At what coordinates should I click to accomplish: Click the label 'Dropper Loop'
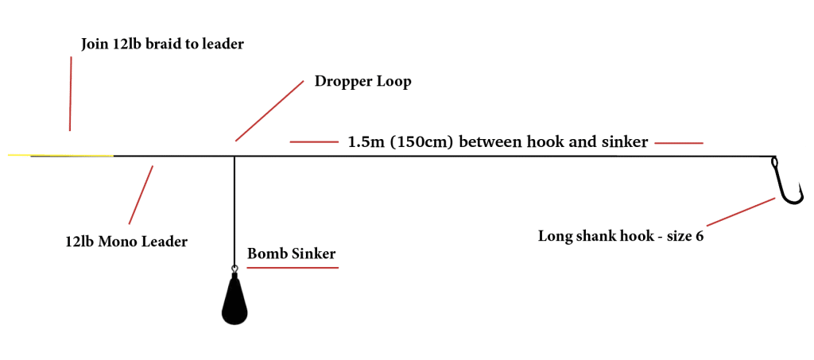(362, 82)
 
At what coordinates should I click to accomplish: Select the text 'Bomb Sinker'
(291, 254)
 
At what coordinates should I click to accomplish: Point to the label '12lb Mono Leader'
(126, 242)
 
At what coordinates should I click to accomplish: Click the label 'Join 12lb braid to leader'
(162, 44)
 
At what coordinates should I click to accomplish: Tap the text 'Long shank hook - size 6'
(621, 237)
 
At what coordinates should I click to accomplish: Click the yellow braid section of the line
(60, 155)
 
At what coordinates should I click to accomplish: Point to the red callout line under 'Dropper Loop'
(269, 110)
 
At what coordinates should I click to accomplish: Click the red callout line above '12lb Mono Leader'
(141, 194)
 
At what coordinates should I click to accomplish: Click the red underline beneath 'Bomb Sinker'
(293, 268)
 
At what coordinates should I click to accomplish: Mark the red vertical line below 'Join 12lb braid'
(71, 94)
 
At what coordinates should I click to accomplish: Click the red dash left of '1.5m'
(314, 141)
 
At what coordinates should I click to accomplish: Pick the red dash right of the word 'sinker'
(679, 143)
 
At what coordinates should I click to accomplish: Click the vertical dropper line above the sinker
(235, 211)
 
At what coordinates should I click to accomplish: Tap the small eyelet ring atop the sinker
(235, 269)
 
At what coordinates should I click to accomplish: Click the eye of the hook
(774, 162)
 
